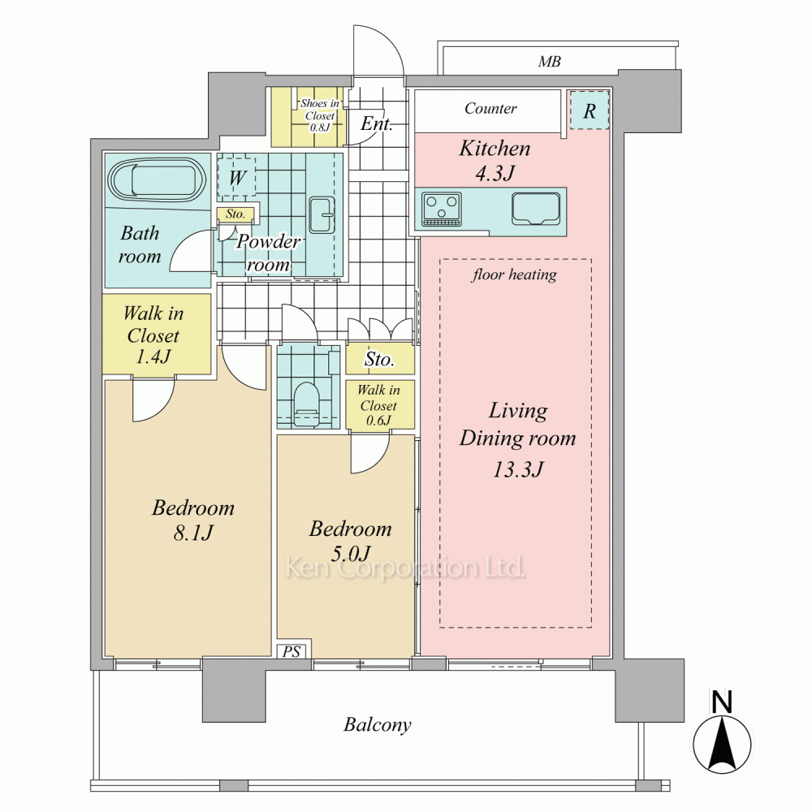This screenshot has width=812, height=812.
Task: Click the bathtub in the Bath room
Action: point(158,181)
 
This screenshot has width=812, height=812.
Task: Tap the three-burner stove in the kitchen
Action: point(442,209)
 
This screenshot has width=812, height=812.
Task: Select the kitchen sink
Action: point(536,209)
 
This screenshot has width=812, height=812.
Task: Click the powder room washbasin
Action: point(321,214)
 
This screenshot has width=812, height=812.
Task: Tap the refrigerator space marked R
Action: point(590,110)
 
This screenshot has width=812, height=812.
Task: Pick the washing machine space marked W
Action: point(236,178)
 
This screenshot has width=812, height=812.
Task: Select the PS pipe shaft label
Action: point(291,651)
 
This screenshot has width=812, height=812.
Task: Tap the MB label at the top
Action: point(549,62)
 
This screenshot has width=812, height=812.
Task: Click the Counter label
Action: point(490,108)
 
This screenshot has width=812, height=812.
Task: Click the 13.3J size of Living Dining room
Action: point(517,469)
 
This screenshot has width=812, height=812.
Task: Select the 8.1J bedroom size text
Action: point(193,533)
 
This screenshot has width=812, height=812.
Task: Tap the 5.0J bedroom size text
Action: point(351,554)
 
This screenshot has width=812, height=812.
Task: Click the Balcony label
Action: point(378,724)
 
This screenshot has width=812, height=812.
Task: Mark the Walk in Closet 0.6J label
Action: point(378,405)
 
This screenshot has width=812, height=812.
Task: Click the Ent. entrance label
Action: point(377,123)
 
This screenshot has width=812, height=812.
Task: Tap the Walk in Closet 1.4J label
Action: point(153,335)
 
